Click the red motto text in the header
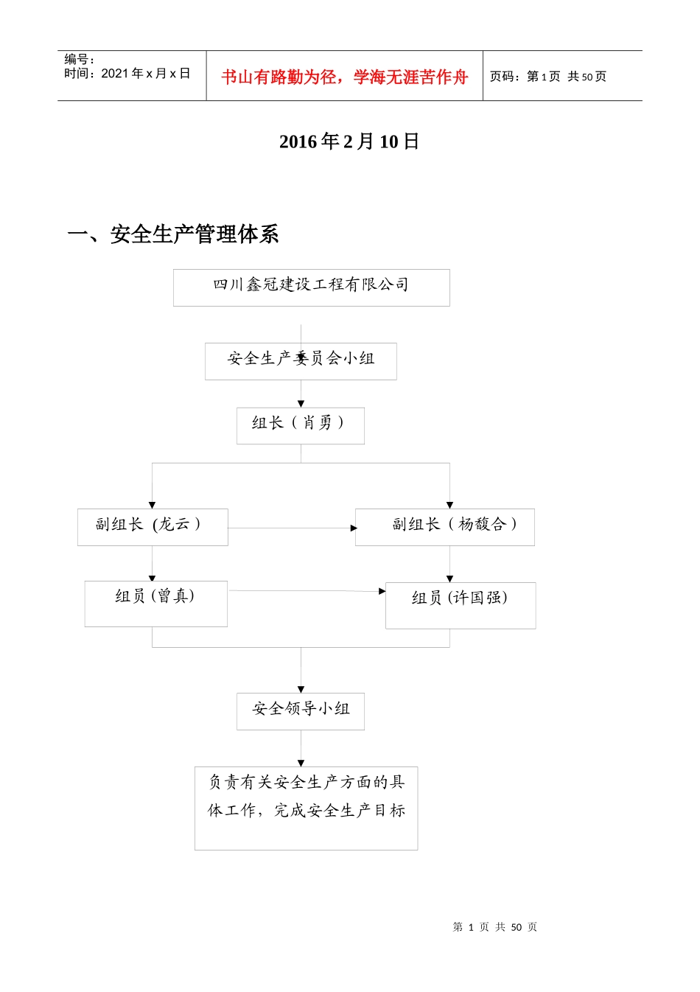tap(344, 77)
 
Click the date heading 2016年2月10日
tap(349, 142)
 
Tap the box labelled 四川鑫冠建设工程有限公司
tap(311, 287)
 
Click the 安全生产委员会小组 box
tap(301, 361)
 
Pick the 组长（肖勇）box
tap(300, 425)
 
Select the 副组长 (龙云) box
tap(153, 527)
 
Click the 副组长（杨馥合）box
tap(444, 527)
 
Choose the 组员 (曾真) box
tap(155, 604)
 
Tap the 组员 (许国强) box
tap(460, 605)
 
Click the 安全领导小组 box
tap(300, 711)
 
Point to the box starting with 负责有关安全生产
tap(306, 808)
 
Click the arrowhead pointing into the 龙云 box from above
tap(153, 505)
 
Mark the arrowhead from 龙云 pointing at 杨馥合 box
tap(353, 528)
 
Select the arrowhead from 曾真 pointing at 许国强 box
tap(382, 591)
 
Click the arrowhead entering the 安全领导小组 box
tap(301, 689)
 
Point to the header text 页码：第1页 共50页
tap(548, 77)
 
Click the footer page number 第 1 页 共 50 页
tap(494, 927)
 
